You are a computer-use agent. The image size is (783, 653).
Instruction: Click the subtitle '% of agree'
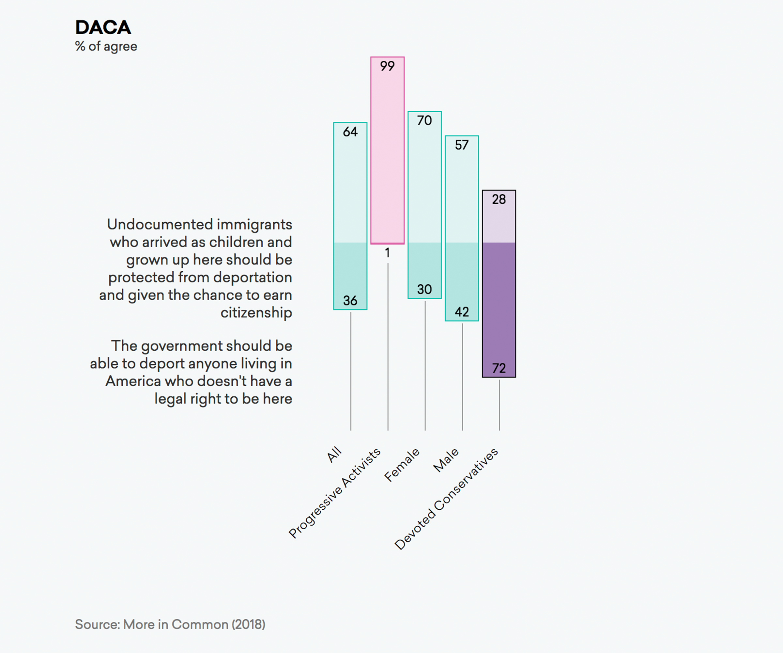pyautogui.click(x=106, y=47)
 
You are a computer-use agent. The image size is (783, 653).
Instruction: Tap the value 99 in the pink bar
pyautogui.click(x=387, y=66)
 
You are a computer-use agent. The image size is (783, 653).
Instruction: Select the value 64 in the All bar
pyautogui.click(x=350, y=132)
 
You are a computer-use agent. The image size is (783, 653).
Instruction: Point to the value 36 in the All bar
pyautogui.click(x=350, y=301)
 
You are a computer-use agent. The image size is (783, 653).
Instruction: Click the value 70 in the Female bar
pyautogui.click(x=424, y=120)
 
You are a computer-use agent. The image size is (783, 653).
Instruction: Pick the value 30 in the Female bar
pyautogui.click(x=424, y=290)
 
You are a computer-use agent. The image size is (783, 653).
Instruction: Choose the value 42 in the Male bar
pyautogui.click(x=462, y=312)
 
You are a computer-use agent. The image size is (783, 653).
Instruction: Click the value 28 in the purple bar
pyautogui.click(x=499, y=199)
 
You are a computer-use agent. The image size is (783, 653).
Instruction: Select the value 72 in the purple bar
pyautogui.click(x=499, y=369)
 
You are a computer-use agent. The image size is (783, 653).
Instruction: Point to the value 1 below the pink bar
pyautogui.click(x=387, y=253)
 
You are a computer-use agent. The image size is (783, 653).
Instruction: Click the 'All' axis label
pyautogui.click(x=334, y=454)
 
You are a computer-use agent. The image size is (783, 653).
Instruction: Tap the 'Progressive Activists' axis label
pyautogui.click(x=334, y=493)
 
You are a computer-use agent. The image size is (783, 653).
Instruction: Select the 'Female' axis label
pyautogui.click(x=402, y=465)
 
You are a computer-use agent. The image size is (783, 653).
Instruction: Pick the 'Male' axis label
pyautogui.click(x=446, y=460)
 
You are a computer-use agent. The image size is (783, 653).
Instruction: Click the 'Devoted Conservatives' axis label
pyautogui.click(x=446, y=499)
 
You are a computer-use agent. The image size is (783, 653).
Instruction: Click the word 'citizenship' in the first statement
pyautogui.click(x=256, y=313)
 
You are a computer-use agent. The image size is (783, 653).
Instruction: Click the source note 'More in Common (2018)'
pyautogui.click(x=194, y=624)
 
